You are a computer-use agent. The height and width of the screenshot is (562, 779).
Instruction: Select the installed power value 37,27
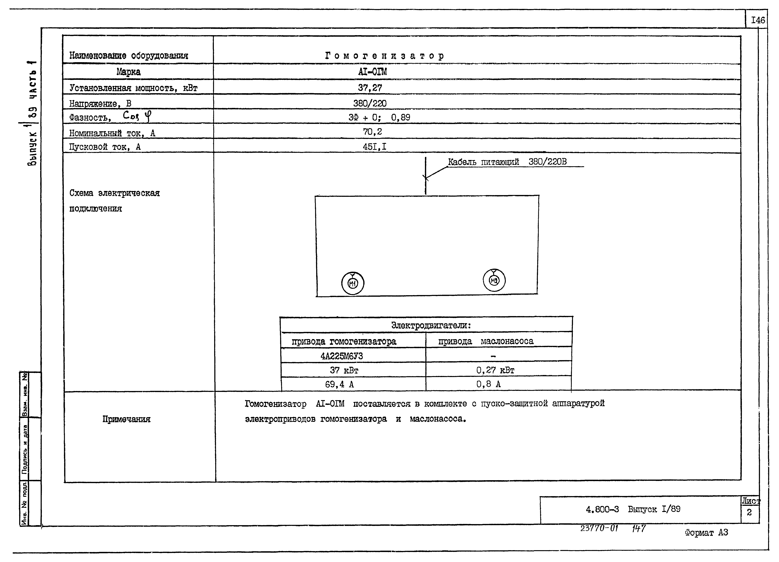pyautogui.click(x=370, y=88)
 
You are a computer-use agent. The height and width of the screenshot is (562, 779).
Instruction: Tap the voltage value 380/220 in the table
pyautogui.click(x=370, y=103)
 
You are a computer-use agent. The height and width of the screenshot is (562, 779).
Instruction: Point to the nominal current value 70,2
pyautogui.click(x=372, y=132)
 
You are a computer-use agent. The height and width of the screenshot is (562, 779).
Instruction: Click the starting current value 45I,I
pyautogui.click(x=374, y=147)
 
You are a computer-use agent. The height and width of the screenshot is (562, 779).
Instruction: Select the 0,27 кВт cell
pyautogui.click(x=495, y=370)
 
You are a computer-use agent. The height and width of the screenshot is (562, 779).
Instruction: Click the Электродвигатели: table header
pyautogui.click(x=431, y=325)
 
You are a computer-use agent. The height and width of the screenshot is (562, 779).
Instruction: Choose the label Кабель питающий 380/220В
pyautogui.click(x=507, y=162)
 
